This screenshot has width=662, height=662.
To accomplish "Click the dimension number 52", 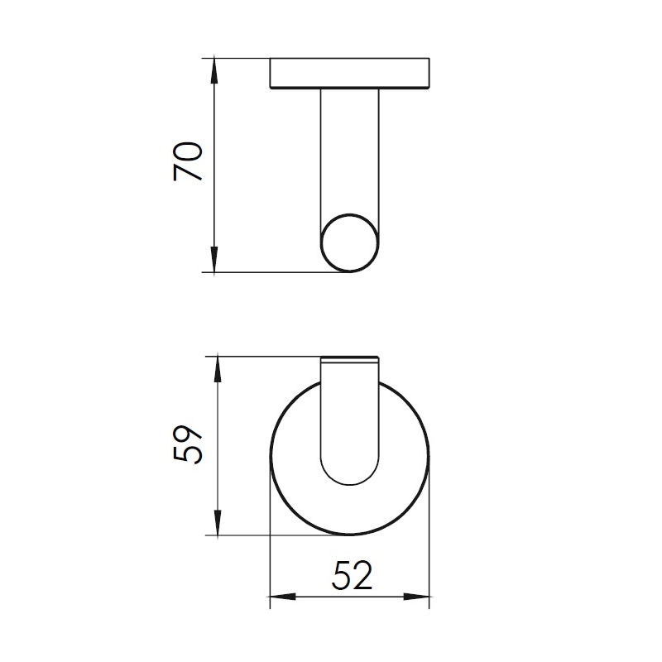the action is (353, 575).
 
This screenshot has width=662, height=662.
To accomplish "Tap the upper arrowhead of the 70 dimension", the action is (214, 71).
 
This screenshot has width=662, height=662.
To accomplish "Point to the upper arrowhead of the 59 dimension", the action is (218, 370).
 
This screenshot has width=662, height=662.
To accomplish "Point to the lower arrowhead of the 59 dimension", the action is (218, 523).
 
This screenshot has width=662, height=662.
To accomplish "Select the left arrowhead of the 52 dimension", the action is (283, 597).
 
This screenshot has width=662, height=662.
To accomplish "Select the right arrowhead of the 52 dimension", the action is (416, 597).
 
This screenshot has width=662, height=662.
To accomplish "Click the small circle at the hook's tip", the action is (349, 214).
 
